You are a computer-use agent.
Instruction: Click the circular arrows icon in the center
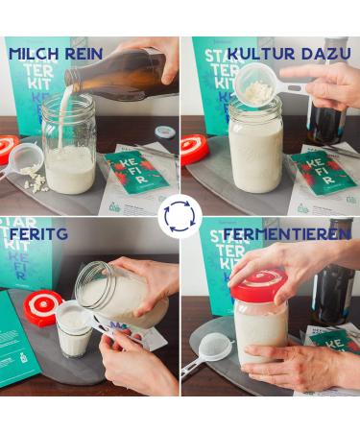[x=180, y=215]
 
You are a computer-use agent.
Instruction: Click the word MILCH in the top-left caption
[x=35, y=53]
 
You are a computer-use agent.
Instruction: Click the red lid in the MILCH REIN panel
[x=8, y=148]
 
